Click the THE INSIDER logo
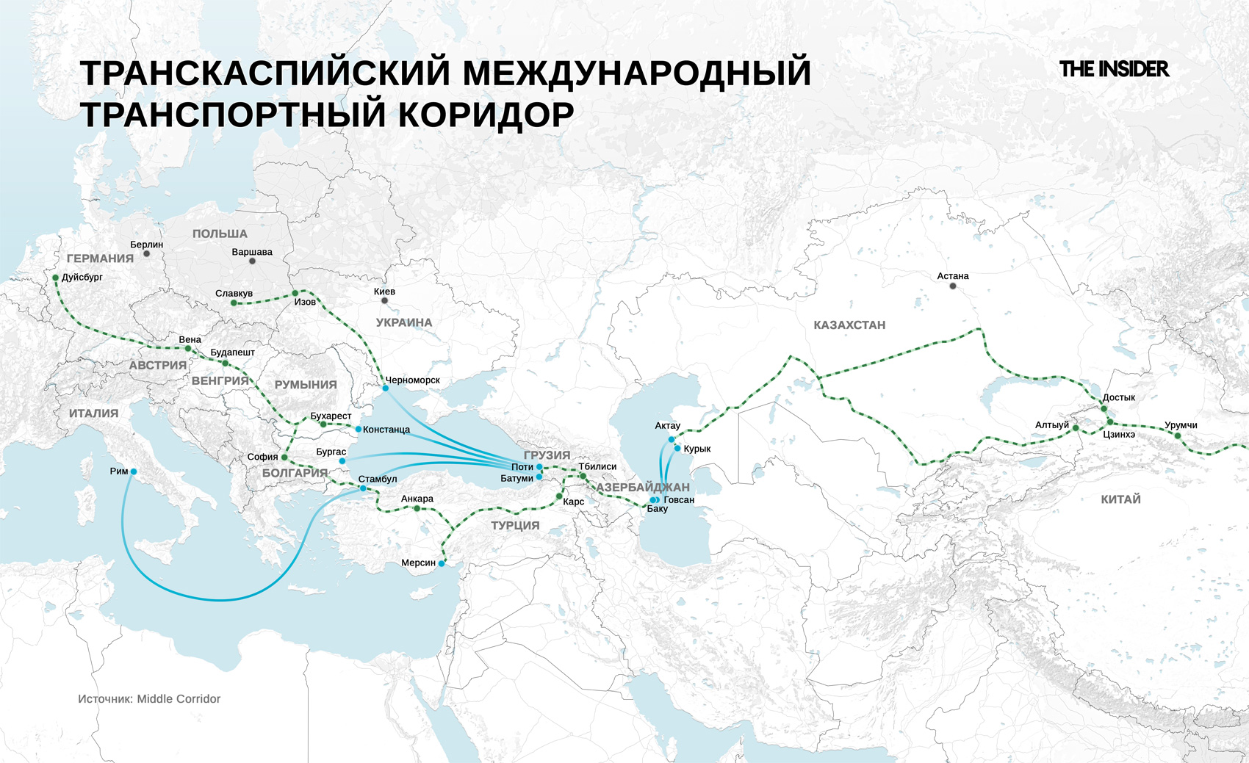1114,69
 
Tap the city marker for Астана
953,286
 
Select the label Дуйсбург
82,278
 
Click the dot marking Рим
134,471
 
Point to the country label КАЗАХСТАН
849,325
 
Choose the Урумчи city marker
1178,436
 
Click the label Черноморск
413,380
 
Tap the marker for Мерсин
442,563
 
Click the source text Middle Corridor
179,699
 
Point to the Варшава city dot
252,261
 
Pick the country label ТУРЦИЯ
515,526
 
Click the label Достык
1119,397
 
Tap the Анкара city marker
417,508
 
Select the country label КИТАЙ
1120,499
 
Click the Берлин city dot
147,254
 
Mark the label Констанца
386,430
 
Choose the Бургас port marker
342,461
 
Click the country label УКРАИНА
404,322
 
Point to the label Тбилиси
597,466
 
